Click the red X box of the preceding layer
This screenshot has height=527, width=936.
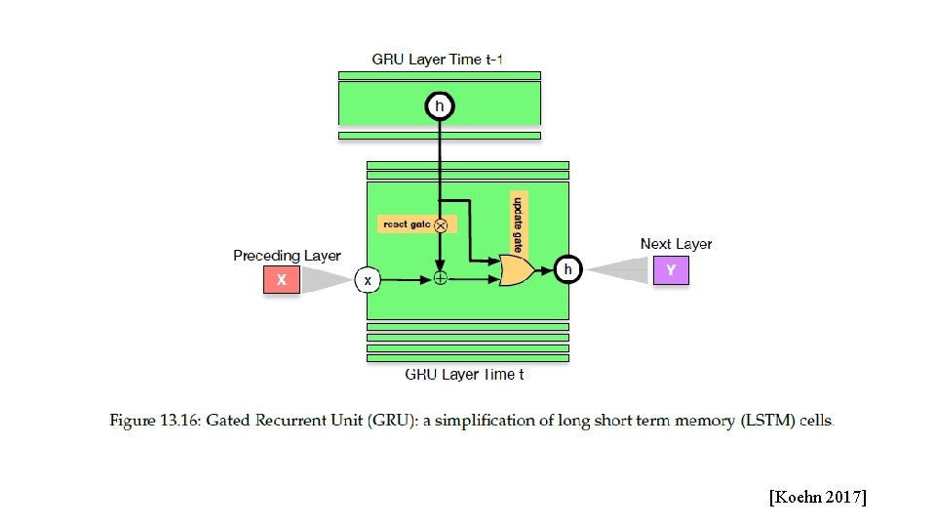pyautogui.click(x=282, y=280)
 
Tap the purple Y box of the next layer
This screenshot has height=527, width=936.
pyautogui.click(x=671, y=270)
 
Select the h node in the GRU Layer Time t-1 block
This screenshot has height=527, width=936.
pyautogui.click(x=440, y=106)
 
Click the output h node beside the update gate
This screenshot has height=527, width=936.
pyautogui.click(x=567, y=269)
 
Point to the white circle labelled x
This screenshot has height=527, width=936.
pyautogui.click(x=368, y=280)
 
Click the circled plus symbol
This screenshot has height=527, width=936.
pyautogui.click(x=440, y=278)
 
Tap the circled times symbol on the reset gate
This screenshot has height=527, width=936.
pyautogui.click(x=441, y=225)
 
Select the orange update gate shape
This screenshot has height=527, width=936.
pyautogui.click(x=517, y=270)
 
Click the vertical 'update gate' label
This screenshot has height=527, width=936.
pyautogui.click(x=518, y=224)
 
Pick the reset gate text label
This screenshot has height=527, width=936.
pyautogui.click(x=407, y=224)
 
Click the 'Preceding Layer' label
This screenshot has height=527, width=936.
pyautogui.click(x=287, y=256)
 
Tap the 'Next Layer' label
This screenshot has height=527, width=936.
pyautogui.click(x=677, y=244)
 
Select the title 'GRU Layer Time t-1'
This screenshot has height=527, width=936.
pyautogui.click(x=437, y=60)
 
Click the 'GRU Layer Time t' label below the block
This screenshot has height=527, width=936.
pyautogui.click(x=464, y=375)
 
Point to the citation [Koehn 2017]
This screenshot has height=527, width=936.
pyautogui.click(x=818, y=497)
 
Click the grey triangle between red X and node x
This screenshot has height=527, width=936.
pyautogui.click(x=327, y=280)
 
